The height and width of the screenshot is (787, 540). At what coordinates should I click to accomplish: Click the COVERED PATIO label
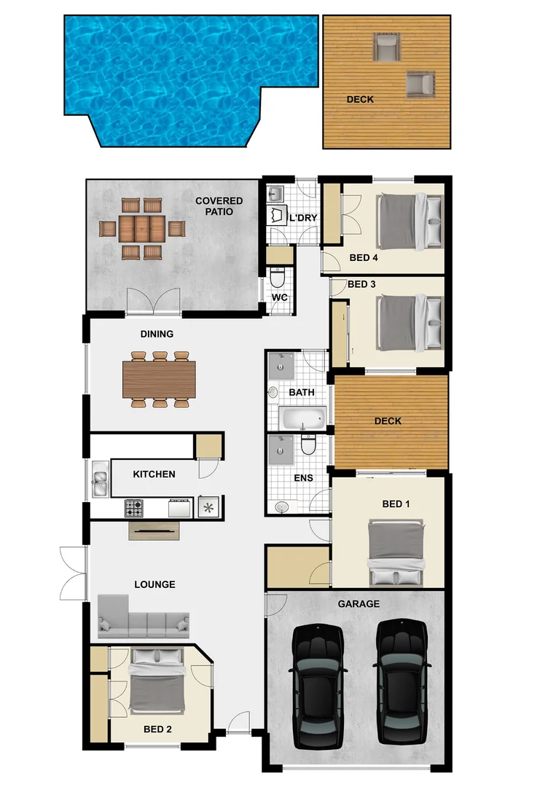coord(219,206)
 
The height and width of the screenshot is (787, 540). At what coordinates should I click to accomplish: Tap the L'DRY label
coord(303,217)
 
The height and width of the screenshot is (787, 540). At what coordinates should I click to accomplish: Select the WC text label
coord(278,298)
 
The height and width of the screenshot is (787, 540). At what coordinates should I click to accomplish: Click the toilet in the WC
coord(278,278)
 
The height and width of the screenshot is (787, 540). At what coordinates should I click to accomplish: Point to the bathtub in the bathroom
coord(303,418)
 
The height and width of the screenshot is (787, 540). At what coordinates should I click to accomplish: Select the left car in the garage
coord(318,685)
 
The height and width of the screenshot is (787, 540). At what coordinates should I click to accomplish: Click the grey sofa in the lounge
coord(143,618)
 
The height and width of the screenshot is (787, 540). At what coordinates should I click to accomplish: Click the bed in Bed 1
coord(395,552)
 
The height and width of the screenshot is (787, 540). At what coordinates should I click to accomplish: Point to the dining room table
coord(160,380)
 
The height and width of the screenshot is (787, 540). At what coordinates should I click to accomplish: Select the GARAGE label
coord(359,604)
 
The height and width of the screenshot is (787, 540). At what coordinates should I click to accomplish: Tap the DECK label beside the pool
coord(360,99)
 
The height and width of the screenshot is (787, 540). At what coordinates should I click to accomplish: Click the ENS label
coord(303,479)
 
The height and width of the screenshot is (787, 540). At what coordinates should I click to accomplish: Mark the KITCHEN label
coord(154,474)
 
